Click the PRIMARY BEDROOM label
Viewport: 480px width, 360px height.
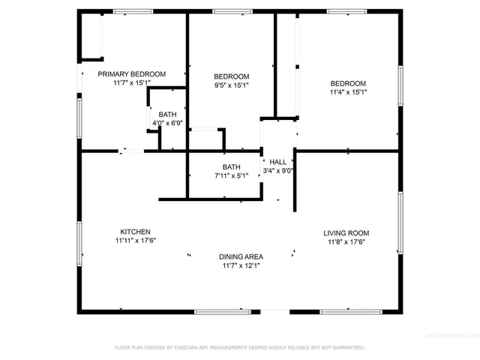pos(132,73)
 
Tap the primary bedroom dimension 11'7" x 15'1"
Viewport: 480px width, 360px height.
pos(132,83)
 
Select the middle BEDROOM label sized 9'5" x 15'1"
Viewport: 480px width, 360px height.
pos(231,76)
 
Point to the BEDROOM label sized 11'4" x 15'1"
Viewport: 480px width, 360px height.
pos(348,83)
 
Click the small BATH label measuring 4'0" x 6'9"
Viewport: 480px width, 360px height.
pos(168,114)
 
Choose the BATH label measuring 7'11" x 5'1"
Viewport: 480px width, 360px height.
pos(231,166)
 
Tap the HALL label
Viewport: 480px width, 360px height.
pos(277,161)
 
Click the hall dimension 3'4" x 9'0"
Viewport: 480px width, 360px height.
pos(277,170)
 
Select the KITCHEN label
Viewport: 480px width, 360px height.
pos(135,232)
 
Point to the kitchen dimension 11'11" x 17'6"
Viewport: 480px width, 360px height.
pos(135,241)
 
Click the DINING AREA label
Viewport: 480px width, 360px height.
pos(240,256)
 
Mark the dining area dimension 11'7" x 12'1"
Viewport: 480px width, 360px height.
pos(240,265)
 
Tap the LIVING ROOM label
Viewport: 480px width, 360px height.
pos(346,233)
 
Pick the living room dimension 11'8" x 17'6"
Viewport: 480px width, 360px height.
pos(346,242)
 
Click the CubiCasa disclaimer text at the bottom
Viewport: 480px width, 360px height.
pos(240,347)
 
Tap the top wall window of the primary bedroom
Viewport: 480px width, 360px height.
pos(133,11)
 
